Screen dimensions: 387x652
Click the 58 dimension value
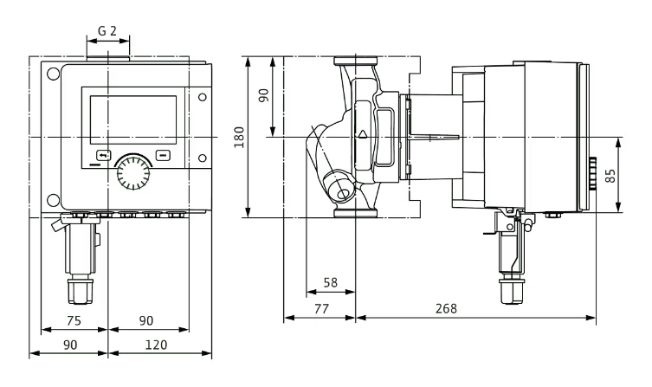tap(331, 283)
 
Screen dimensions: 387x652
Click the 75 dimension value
tap(75, 320)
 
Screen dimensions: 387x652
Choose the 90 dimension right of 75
tap(146, 320)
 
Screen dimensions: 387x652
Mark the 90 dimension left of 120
tap(68, 345)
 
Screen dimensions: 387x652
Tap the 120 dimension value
tap(158, 345)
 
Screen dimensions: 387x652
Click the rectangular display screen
tap(133, 119)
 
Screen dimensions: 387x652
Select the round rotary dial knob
tap(132, 172)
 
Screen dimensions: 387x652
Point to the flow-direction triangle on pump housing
tap(363, 135)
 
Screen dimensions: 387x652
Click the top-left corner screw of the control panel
tap(54, 73)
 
